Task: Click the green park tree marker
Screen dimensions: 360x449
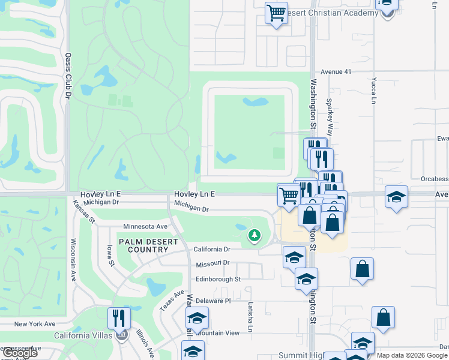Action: pos(255,235)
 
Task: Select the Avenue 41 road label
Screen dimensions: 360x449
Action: pos(335,71)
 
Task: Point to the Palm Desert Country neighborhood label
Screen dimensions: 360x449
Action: pos(148,245)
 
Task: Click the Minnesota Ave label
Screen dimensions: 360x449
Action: pos(145,227)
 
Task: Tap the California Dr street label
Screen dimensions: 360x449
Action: pos(212,249)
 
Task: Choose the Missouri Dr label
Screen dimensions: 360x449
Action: pos(212,263)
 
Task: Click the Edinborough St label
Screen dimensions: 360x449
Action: pos(218,279)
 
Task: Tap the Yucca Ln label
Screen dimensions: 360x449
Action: pos(373,90)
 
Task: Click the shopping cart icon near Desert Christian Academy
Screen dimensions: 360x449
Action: pos(276,13)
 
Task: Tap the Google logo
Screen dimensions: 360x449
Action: pos(20,353)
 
